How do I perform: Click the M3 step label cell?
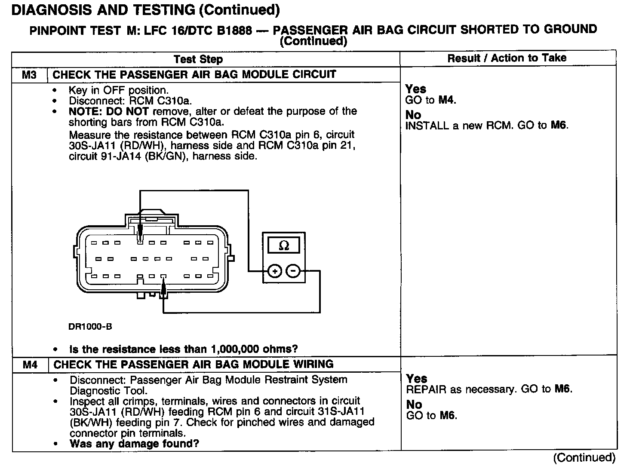(x=29, y=75)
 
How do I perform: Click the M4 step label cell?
(x=30, y=365)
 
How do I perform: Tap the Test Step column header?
(x=198, y=59)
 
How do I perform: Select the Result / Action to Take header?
(x=507, y=58)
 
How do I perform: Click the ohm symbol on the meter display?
(x=284, y=245)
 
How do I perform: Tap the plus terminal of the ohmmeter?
(x=274, y=271)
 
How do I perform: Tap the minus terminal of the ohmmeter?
(x=293, y=271)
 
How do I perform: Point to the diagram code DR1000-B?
(x=90, y=327)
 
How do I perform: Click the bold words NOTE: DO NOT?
(x=108, y=111)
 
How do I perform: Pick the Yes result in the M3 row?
(x=416, y=89)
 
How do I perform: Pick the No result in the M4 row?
(x=414, y=405)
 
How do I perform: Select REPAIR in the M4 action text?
(x=424, y=389)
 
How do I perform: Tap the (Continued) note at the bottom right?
(x=584, y=457)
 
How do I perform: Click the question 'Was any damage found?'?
(x=134, y=444)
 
